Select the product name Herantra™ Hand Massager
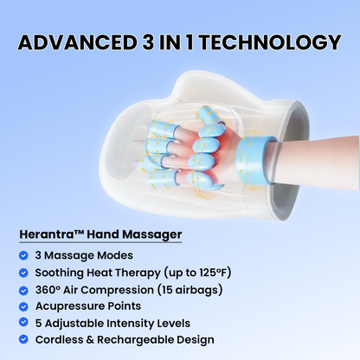point(100,234)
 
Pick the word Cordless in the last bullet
point(61,339)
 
